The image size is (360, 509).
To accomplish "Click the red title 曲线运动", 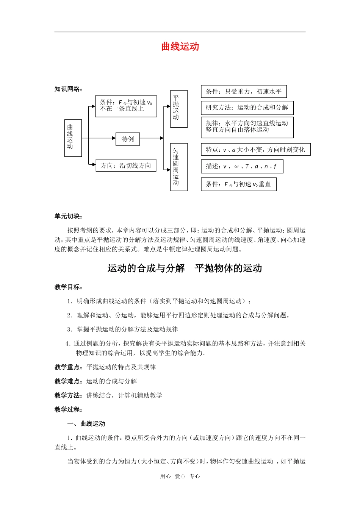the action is (180, 47).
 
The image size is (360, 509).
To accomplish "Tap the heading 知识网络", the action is (68, 89).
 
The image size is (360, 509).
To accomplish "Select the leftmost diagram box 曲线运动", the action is (73, 138).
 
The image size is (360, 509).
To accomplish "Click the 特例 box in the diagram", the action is (128, 139).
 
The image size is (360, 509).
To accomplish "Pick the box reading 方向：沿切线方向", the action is (126, 166).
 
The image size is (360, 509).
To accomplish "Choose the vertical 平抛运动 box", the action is (178, 109).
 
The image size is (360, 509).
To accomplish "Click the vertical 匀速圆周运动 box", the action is (178, 167).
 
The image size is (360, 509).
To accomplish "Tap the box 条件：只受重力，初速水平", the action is (243, 92).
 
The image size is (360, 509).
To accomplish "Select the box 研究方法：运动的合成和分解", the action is (247, 108).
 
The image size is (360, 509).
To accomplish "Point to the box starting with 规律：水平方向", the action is (247, 127).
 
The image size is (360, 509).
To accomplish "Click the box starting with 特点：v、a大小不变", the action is (255, 150).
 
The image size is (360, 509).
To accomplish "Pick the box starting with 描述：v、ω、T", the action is (241, 166).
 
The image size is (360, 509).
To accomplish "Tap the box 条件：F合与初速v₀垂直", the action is (238, 184).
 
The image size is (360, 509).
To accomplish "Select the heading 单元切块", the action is (68, 216).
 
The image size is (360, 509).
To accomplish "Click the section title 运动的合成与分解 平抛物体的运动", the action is (185, 269).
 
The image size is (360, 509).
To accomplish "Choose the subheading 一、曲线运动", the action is (86, 424).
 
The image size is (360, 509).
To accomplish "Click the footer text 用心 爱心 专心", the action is (180, 476).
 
